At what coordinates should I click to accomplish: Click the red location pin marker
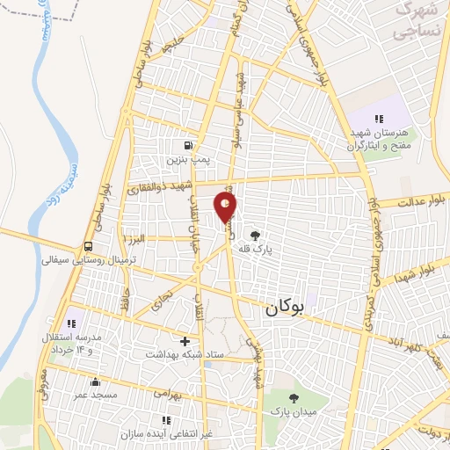(x=226, y=207)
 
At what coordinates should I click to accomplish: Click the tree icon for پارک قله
(x=255, y=235)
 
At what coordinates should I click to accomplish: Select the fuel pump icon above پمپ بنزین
(x=188, y=146)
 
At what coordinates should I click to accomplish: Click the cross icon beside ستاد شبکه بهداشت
(x=184, y=340)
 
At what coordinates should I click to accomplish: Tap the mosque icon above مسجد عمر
(x=96, y=381)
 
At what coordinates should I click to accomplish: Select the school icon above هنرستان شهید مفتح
(x=379, y=119)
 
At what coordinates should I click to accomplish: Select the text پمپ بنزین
(x=189, y=161)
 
